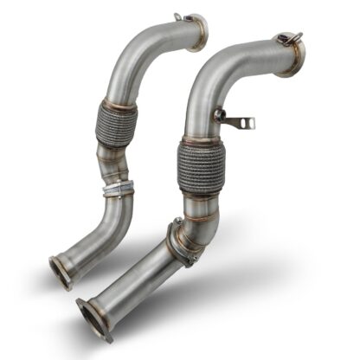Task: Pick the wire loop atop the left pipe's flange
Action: [178, 16]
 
